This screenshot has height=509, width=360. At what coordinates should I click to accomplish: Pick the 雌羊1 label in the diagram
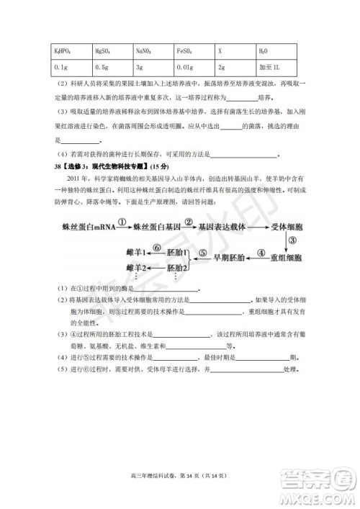point(133,253)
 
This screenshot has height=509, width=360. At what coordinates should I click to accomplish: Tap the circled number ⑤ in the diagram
point(203,253)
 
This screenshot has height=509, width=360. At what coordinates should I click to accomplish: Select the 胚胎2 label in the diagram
point(177,268)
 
